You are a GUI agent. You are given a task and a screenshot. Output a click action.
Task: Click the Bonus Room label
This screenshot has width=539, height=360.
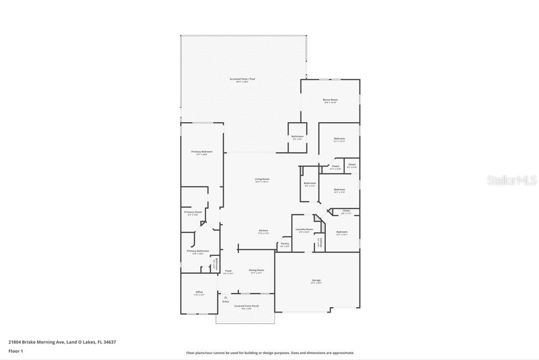point(330,100)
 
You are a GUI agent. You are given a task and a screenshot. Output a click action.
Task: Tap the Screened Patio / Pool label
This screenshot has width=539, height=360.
point(242,79)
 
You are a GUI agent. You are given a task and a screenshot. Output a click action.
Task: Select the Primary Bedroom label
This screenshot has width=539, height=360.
point(202,152)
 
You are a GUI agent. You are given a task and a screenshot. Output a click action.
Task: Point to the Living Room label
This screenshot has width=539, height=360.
point(262,179)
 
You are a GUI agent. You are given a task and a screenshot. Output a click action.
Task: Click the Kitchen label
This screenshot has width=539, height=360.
point(263,231)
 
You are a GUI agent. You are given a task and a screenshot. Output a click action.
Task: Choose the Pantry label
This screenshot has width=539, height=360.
point(285,244)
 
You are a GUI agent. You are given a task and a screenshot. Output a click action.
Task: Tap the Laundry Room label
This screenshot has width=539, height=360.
point(304,230)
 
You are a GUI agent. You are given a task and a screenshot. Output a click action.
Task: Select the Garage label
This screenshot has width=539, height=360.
point(316,280)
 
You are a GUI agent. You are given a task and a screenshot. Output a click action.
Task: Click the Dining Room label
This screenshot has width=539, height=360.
point(256,271)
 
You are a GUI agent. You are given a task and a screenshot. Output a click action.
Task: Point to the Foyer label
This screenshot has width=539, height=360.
point(229,271)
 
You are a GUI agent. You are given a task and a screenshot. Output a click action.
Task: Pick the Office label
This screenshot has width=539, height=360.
point(199,292)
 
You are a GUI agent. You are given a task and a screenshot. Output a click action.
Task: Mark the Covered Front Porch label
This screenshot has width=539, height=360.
point(247,306)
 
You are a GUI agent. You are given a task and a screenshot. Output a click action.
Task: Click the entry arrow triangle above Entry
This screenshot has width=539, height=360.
point(225,297)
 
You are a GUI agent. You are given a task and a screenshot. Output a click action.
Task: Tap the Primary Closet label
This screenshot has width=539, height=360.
point(193,212)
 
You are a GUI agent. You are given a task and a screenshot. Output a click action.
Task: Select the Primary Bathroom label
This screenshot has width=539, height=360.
point(198,251)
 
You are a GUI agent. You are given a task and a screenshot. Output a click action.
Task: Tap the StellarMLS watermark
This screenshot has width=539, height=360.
point(512,180)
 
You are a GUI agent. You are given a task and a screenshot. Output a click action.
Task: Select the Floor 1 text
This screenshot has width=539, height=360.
point(16,351)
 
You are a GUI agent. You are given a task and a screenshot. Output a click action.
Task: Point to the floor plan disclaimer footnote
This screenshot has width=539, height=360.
point(270,353)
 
